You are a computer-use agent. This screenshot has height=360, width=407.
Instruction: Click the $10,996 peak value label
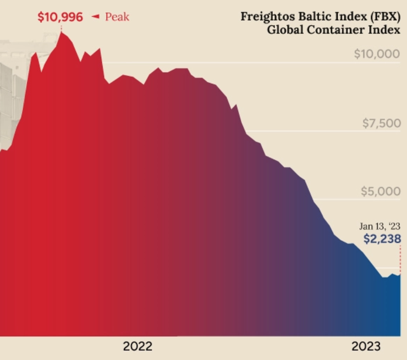tap(60, 17)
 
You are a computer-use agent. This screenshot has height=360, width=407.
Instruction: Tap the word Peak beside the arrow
tap(117, 18)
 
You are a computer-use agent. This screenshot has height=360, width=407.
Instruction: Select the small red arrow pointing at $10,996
tap(95, 17)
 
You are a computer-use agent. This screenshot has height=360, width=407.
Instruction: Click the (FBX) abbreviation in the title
tap(385, 17)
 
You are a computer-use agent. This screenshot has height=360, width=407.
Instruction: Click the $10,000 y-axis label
tap(377, 54)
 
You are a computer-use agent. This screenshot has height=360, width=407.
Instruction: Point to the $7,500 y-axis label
tap(381, 123)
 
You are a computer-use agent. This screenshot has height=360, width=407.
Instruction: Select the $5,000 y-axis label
tap(381, 192)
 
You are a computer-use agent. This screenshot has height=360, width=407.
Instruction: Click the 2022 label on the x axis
tap(138, 346)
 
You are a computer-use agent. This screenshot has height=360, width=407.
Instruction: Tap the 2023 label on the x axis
tap(366, 346)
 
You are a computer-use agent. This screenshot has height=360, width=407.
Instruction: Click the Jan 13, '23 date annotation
tap(380, 227)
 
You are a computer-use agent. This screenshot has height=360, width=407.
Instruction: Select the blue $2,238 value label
tap(382, 239)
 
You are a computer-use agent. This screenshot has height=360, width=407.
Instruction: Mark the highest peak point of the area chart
tap(61, 32)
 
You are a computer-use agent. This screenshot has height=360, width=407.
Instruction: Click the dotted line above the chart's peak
tap(61, 28)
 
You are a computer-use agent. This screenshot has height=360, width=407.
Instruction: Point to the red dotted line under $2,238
tap(400, 259)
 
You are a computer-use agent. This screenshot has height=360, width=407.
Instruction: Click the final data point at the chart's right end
tap(400, 274)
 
